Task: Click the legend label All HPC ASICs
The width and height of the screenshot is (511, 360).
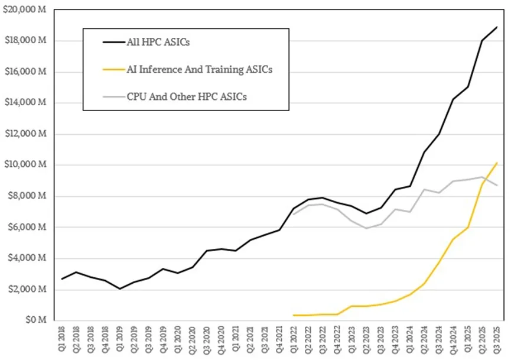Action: (158, 42)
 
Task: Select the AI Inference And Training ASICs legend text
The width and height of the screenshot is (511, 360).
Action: (199, 69)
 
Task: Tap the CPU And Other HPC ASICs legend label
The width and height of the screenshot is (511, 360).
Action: (187, 96)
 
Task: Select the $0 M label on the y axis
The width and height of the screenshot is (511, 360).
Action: (35, 320)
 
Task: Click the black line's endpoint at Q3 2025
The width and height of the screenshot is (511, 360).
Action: (497, 27)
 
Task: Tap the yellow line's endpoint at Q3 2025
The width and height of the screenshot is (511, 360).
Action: (497, 163)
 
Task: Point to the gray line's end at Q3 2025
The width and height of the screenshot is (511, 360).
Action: (497, 186)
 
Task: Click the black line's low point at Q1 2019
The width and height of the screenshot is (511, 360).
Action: (121, 288)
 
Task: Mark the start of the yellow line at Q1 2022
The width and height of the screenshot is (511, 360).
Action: (294, 315)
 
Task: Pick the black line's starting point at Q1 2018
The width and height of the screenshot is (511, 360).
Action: (63, 279)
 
